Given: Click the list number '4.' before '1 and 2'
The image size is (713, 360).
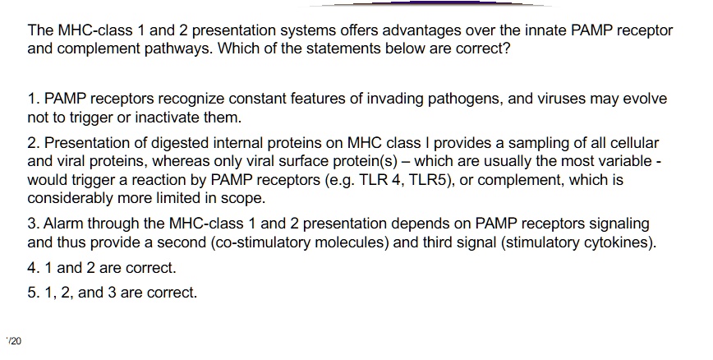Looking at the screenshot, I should point(34,268).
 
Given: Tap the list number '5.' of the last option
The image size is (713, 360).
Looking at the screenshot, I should point(34,292).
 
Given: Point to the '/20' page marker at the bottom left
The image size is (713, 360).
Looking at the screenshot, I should point(15,340).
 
